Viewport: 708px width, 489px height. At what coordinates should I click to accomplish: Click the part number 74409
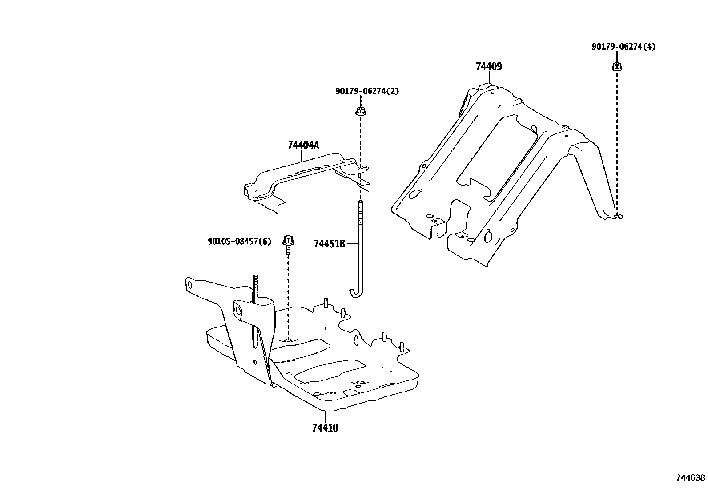pos(488,67)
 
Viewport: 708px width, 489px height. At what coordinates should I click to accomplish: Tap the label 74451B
pos(329,244)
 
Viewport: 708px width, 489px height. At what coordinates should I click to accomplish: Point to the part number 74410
pos(325,428)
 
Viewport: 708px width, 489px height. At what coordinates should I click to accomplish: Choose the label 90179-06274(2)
pos(367,91)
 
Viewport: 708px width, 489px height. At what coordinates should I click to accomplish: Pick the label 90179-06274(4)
pos(623,47)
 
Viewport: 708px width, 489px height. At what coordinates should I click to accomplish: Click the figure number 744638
pos(690,478)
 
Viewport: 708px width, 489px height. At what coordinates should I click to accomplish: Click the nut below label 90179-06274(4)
pos(616,67)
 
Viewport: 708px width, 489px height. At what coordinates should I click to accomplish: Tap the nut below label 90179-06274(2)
pos(360,111)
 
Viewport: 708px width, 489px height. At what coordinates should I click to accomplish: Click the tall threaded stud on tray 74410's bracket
pos(256,285)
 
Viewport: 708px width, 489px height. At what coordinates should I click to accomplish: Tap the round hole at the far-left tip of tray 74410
pos(190,284)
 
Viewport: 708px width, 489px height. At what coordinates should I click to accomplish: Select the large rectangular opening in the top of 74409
pos(494,151)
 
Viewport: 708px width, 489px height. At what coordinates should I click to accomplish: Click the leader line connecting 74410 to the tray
pos(326,416)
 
